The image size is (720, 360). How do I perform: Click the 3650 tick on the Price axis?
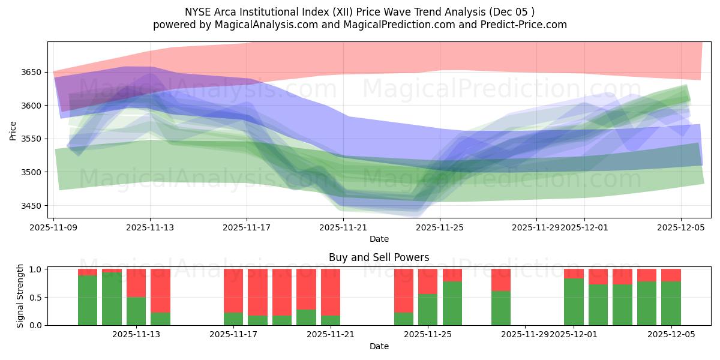point(34,72)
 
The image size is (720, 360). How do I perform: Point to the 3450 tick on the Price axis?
point(34,206)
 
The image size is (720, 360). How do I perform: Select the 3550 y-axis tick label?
point(34,139)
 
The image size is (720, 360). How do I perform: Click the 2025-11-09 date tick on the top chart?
point(54,227)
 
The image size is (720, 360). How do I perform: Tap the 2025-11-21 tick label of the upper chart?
point(343,227)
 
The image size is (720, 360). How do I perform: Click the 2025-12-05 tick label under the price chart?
point(681,227)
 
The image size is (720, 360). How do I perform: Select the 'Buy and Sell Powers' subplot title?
point(379,257)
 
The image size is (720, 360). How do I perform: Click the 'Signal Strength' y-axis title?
point(20,296)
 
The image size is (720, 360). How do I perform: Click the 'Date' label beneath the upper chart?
point(379,239)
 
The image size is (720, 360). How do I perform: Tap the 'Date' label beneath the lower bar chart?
point(379,346)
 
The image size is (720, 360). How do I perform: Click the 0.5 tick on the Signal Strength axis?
point(37,297)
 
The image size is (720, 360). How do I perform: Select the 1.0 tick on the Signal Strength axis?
point(37,269)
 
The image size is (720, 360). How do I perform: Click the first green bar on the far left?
point(88,300)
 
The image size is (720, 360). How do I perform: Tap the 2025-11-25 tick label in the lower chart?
point(428,335)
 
